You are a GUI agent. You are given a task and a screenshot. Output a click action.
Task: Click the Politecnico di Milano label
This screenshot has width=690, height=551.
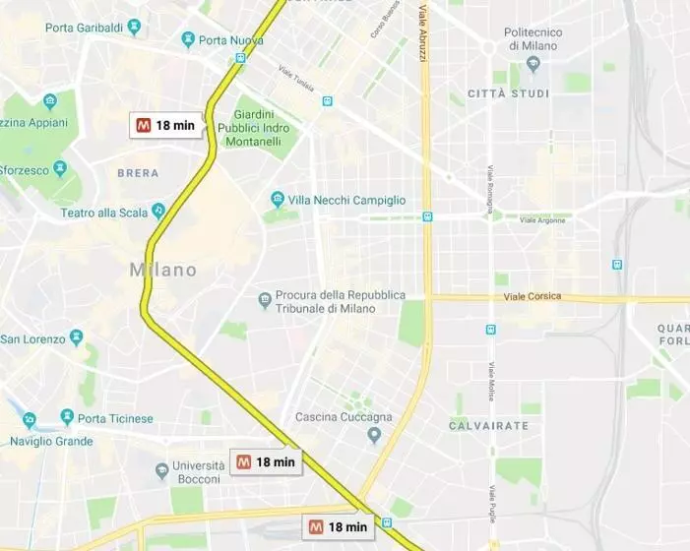(x=533, y=39)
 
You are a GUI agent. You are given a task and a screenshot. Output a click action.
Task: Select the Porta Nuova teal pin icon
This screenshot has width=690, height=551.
(x=188, y=39)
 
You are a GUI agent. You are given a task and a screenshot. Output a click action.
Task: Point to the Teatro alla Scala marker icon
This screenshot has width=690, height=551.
(x=157, y=212)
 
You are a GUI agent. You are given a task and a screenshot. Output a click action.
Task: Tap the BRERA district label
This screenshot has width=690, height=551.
(x=138, y=173)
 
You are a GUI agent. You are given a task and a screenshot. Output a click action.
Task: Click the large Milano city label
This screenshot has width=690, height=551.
(x=163, y=270)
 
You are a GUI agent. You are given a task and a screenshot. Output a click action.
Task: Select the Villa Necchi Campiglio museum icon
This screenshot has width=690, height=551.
(x=278, y=200)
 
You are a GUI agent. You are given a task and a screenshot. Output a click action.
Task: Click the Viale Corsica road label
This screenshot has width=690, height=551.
(x=533, y=295)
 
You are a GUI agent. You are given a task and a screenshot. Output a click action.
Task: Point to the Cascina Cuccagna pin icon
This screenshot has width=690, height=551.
(x=374, y=436)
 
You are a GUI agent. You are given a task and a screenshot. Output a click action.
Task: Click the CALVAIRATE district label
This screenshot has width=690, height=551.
(x=488, y=426)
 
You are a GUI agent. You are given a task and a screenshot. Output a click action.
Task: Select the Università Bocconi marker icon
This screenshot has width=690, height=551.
(x=161, y=471)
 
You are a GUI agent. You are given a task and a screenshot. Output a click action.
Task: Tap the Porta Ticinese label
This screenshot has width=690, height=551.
(x=107, y=417)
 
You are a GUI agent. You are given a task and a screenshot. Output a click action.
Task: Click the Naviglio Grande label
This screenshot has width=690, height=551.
(x=52, y=441)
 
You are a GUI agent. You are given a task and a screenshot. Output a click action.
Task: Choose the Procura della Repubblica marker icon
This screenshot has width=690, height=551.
(x=264, y=299)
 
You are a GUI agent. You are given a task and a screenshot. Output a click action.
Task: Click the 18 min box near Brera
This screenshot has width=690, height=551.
(x=166, y=125)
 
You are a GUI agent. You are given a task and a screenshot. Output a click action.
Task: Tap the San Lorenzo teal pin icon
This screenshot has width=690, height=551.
(x=76, y=337)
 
